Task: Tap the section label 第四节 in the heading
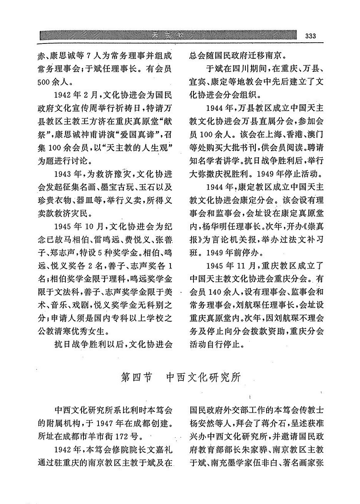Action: [x=136, y=377]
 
